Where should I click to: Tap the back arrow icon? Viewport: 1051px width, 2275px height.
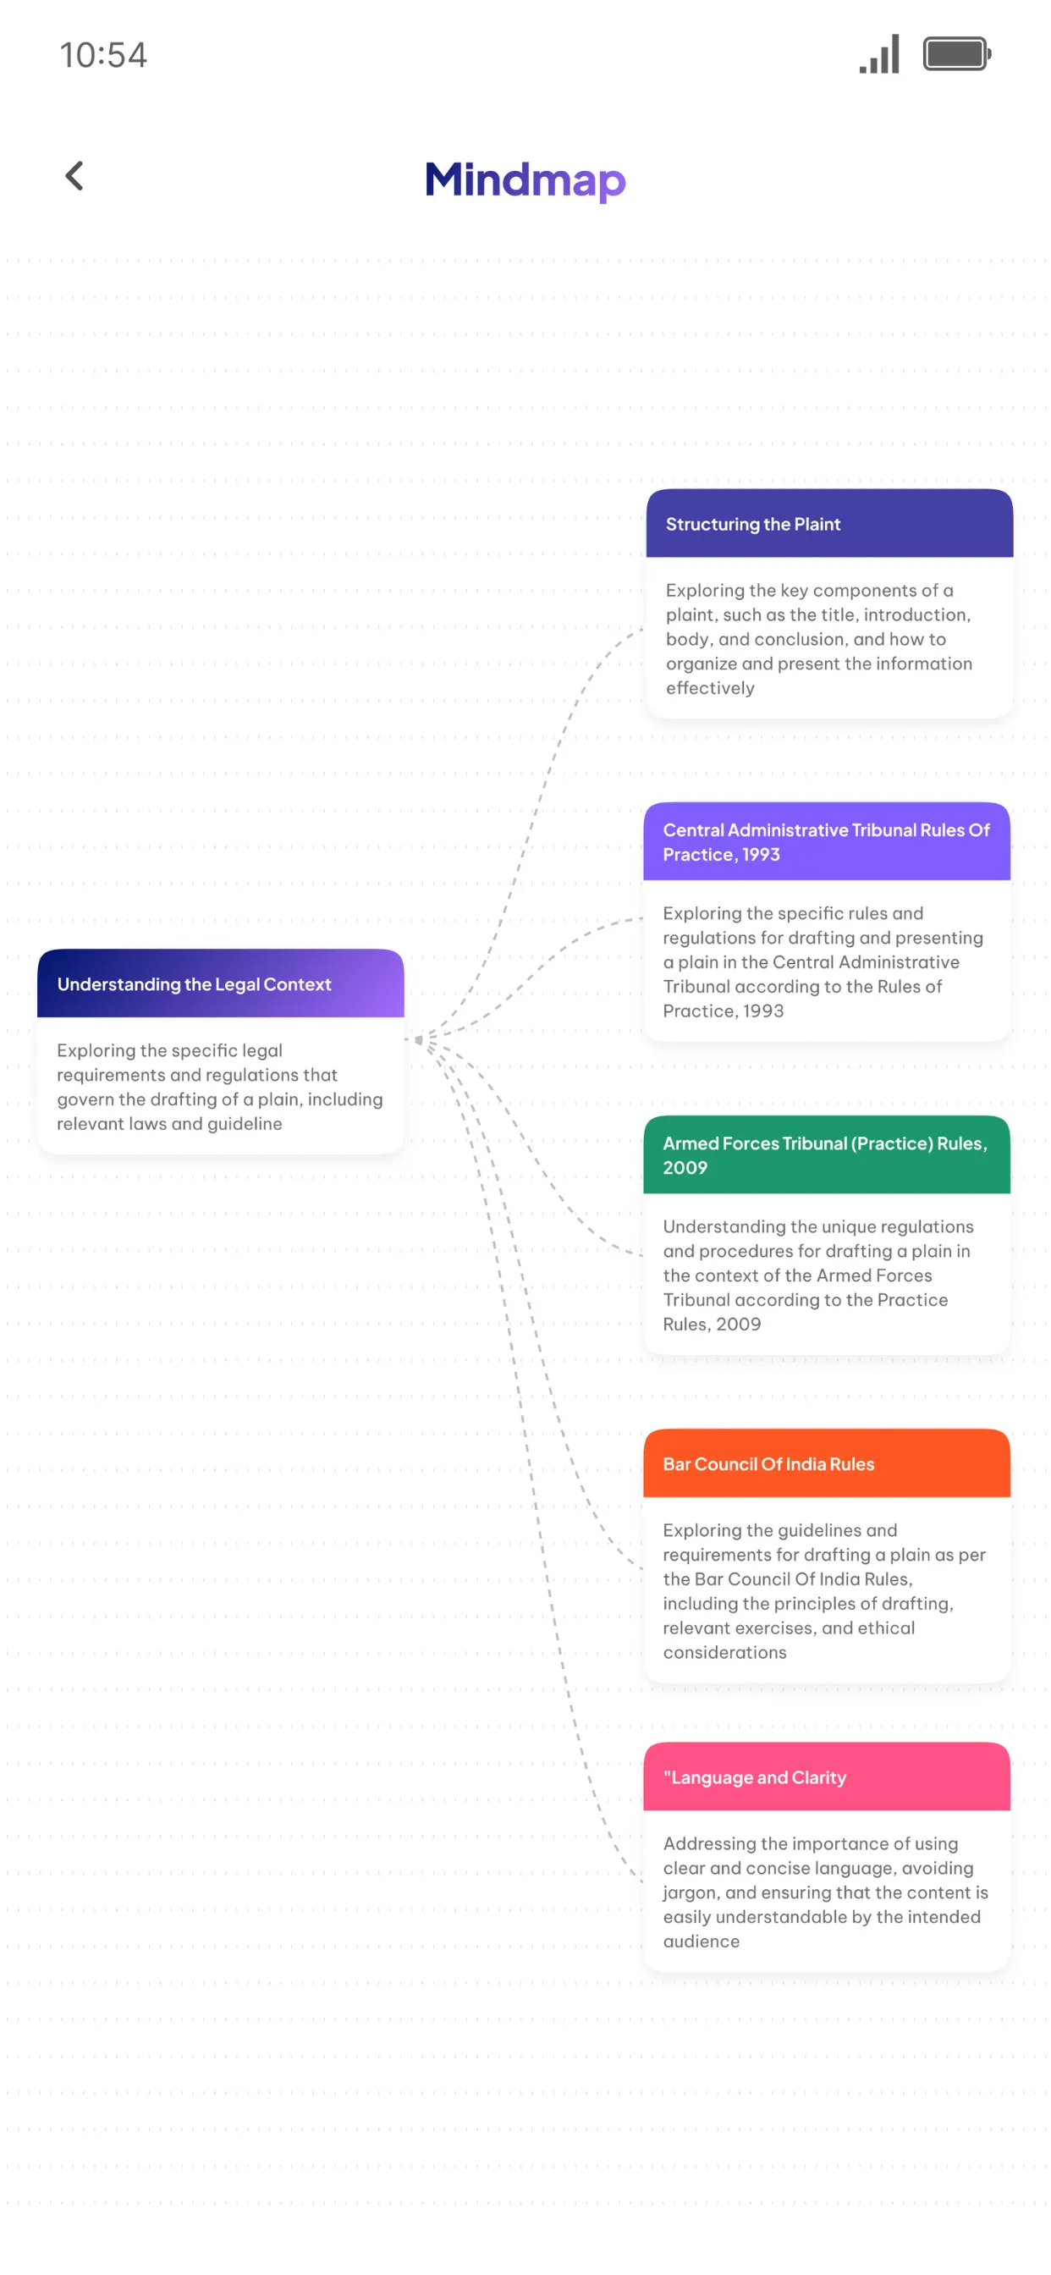(74, 176)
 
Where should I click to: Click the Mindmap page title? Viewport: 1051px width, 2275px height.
(525, 180)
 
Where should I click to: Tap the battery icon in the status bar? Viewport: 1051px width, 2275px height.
(957, 54)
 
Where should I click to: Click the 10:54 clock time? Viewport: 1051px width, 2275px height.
(103, 55)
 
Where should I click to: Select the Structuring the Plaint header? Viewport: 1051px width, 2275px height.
(829, 523)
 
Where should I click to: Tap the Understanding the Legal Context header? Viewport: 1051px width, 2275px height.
(221, 983)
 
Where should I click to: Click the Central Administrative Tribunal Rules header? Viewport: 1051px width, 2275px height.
(827, 841)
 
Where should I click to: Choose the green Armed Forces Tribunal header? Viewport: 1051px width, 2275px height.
(827, 1155)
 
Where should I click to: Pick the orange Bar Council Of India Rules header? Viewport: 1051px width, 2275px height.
(827, 1463)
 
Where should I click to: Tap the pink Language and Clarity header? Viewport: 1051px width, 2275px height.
(827, 1776)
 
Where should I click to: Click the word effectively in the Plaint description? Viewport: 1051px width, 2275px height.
(710, 688)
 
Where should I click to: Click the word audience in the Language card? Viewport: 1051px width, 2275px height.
(702, 1942)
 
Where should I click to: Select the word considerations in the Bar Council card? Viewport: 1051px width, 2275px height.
(724, 1652)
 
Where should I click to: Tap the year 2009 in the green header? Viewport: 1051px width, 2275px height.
(685, 1167)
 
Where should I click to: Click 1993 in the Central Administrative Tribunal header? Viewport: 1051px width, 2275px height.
(761, 854)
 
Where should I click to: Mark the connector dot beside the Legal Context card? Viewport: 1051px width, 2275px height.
(419, 1039)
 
